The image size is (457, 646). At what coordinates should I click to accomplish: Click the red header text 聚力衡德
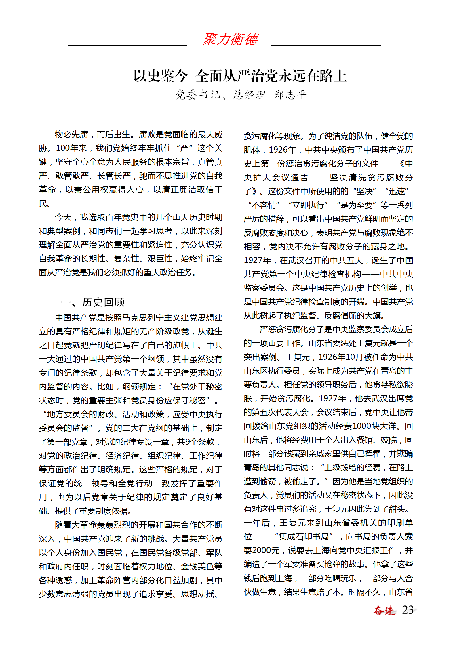coord(231,39)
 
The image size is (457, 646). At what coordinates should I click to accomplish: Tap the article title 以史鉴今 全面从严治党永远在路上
coord(240,76)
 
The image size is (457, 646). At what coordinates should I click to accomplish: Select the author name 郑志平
coord(290,95)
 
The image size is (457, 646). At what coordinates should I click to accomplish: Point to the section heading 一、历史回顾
coord(93,302)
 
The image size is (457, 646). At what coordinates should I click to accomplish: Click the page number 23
coord(408,610)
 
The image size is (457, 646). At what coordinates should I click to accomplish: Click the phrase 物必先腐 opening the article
coord(72,134)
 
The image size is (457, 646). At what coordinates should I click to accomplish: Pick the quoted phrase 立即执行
coord(308,205)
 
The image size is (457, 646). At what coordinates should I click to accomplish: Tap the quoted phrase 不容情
coord(264,205)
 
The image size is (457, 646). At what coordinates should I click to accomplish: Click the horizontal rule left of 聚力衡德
coord(127,45)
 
